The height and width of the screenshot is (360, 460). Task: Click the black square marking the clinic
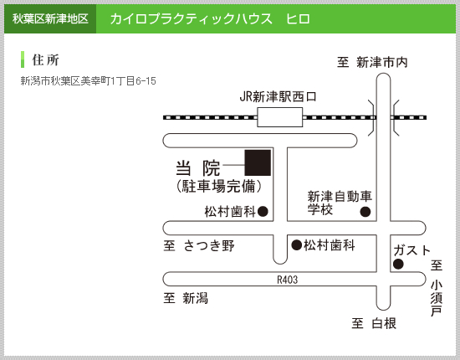[258, 162]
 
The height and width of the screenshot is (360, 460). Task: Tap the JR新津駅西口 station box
[280, 117]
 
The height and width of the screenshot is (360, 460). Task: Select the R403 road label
[287, 280]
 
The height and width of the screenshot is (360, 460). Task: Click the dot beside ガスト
[398, 265]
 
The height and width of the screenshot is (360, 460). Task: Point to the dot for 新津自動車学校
[365, 212]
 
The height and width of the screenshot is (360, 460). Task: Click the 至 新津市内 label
[372, 62]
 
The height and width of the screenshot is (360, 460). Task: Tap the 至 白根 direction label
[374, 323]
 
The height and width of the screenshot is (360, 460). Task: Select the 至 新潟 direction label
[186, 298]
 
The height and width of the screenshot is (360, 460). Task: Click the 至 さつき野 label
[199, 245]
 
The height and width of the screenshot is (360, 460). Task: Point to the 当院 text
[197, 168]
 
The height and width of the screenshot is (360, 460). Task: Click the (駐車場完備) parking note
[219, 186]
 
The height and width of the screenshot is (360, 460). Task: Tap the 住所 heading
[45, 60]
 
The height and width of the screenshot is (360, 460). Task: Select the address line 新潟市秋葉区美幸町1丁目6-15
[88, 81]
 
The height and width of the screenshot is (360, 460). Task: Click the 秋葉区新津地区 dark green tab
[50, 18]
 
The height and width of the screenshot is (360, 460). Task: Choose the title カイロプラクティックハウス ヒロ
[210, 19]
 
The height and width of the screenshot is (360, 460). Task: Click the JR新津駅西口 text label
[279, 97]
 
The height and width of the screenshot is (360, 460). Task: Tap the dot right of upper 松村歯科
[263, 211]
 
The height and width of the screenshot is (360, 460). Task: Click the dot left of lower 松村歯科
[297, 245]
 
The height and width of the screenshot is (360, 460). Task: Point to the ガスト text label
[411, 250]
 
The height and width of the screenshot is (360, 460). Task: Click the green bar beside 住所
[23, 59]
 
